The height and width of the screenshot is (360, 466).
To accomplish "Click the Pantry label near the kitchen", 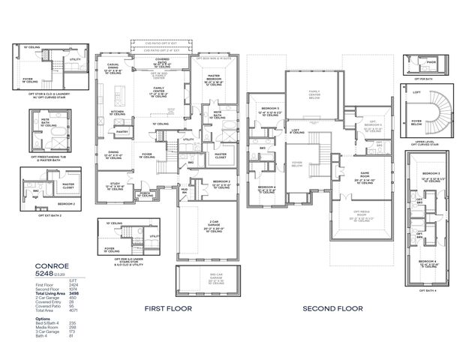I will (x=122, y=131).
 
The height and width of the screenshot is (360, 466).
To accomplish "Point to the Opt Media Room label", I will (x=362, y=212).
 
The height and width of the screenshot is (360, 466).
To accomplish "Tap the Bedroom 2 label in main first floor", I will (x=221, y=182).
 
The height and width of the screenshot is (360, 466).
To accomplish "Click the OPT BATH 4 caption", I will (x=428, y=290).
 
